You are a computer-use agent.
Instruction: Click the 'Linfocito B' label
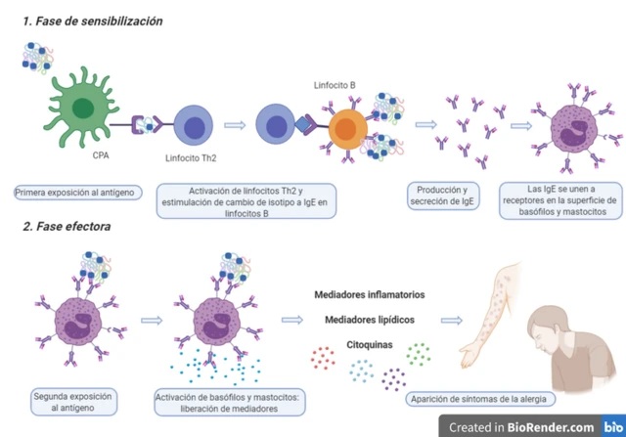(335, 85)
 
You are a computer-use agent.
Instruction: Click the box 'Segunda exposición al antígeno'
(75, 403)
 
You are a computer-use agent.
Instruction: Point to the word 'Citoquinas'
(373, 344)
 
